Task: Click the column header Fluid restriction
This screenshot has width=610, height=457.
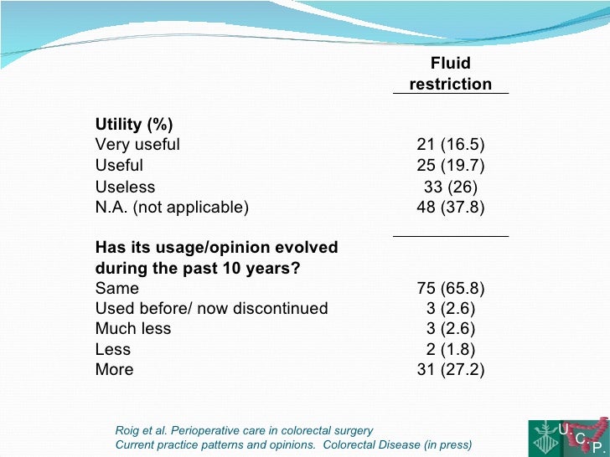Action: (450, 74)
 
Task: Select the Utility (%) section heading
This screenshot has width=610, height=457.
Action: (134, 125)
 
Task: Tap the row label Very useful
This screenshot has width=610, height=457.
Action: (137, 145)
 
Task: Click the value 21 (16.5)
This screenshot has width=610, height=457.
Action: (451, 145)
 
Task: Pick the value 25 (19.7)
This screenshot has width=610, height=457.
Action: (451, 166)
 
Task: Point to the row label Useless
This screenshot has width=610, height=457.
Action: (125, 187)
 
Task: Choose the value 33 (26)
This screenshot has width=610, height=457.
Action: (451, 187)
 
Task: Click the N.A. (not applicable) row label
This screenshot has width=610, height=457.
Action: (172, 207)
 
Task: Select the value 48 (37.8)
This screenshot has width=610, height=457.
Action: (451, 207)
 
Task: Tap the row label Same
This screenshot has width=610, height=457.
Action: (117, 289)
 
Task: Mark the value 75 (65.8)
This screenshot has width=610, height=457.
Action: (451, 289)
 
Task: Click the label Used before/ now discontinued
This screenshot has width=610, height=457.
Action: (211, 309)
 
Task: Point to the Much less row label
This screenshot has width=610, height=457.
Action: (133, 329)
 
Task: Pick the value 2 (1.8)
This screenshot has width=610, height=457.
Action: (451, 350)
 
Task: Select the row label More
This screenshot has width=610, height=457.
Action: (114, 370)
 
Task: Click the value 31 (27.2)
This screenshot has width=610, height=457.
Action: (451, 370)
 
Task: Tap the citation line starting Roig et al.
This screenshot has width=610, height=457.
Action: (244, 431)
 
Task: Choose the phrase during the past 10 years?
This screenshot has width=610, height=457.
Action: (198, 268)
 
